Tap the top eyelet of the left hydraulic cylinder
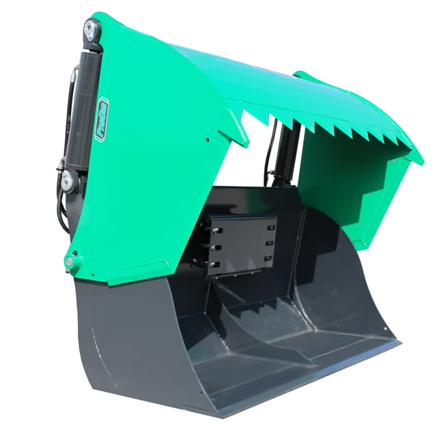click(x=90, y=29)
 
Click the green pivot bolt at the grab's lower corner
click(x=72, y=261)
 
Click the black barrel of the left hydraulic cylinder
click(x=83, y=102)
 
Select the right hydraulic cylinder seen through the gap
click(x=285, y=154)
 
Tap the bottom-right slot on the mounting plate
click(x=268, y=259)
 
